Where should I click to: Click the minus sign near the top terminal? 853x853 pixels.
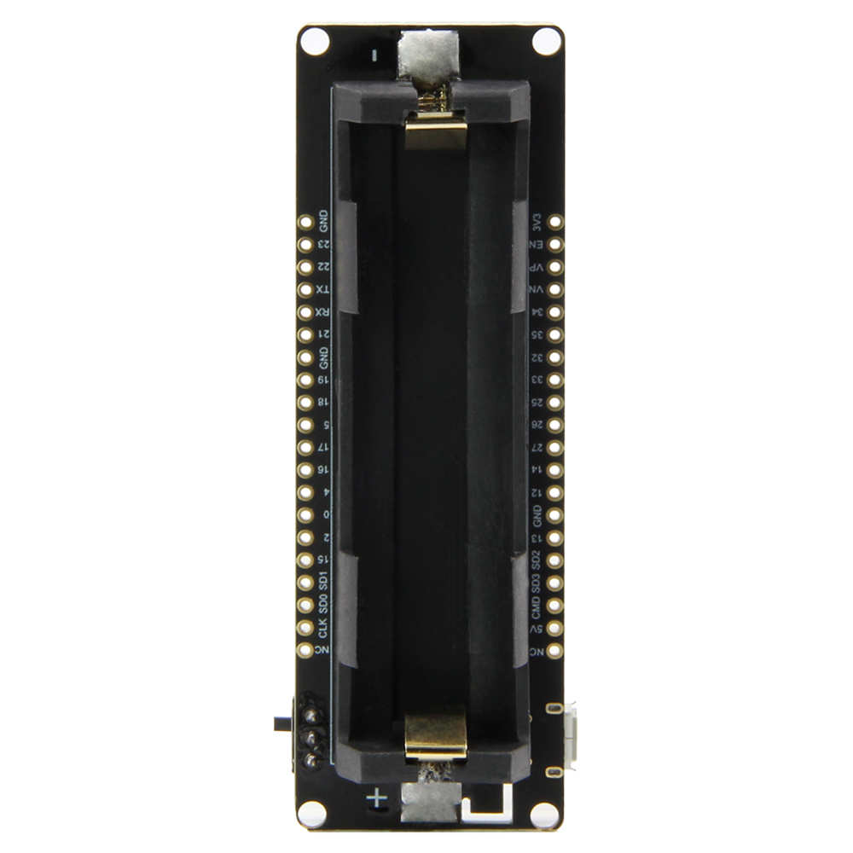[375, 56]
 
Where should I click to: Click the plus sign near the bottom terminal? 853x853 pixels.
[377, 799]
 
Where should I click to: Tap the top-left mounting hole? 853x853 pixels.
[313, 41]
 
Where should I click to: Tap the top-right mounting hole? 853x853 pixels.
[546, 40]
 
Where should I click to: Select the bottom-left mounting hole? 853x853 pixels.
[312, 813]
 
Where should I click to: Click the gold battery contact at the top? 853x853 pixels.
[436, 132]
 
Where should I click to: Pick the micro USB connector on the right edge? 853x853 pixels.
[566, 739]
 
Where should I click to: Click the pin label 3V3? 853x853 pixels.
[537, 222]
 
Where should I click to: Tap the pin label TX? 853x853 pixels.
[322, 290]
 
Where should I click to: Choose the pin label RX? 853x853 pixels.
[322, 312]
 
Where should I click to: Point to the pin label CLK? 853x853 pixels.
[322, 629]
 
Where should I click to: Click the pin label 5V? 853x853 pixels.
[537, 630]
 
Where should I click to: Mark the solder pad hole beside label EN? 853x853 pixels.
[556, 245]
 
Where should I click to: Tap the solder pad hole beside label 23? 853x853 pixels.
[305, 244]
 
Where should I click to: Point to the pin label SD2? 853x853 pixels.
[537, 560]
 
